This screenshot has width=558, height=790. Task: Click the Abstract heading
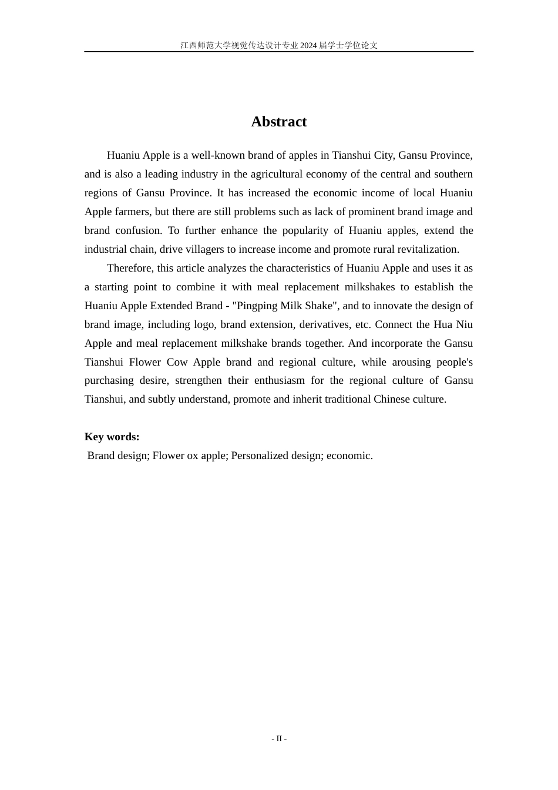[278, 122]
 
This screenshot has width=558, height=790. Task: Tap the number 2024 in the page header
[308, 45]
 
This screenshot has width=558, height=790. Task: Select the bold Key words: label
[112, 437]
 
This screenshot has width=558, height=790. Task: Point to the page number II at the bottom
[279, 739]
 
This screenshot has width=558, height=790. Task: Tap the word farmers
[132, 212]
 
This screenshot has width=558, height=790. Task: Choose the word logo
[204, 324]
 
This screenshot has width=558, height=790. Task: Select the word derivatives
[324, 324]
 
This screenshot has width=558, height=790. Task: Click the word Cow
[177, 362]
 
